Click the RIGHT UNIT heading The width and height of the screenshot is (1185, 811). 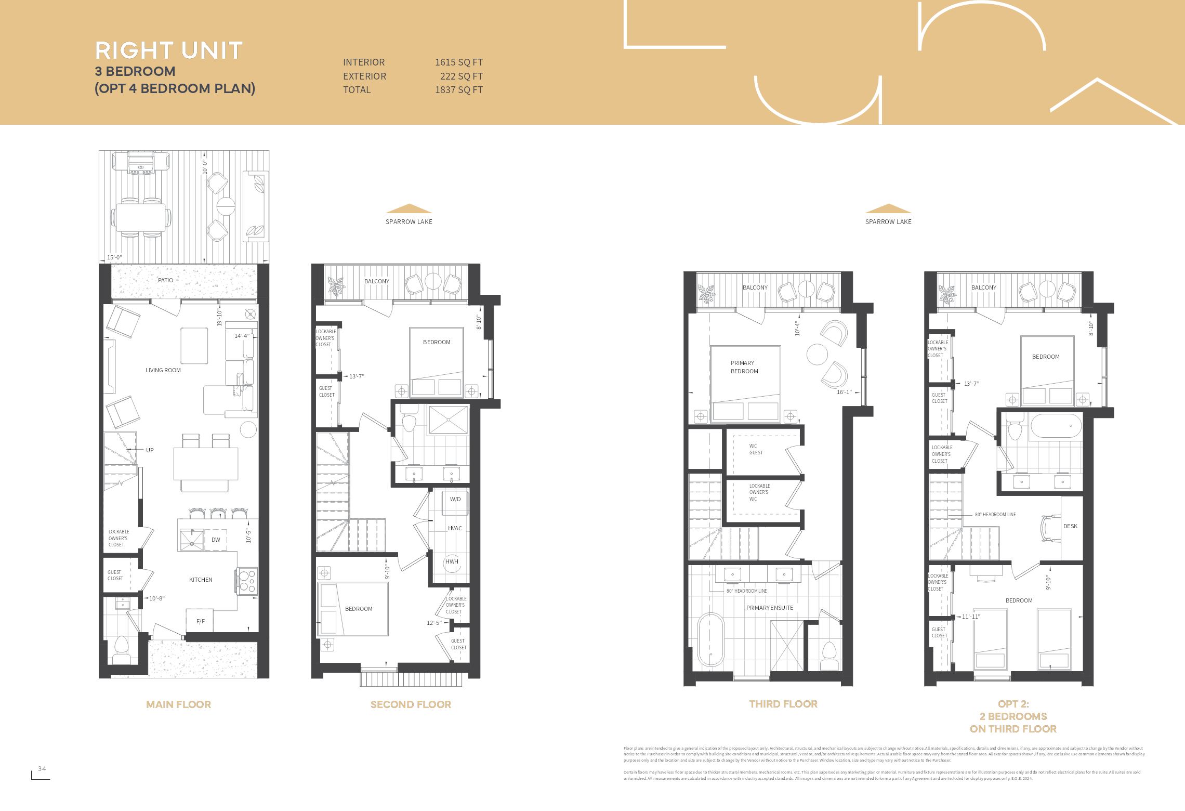[169, 51]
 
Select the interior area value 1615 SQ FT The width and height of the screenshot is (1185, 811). [458, 62]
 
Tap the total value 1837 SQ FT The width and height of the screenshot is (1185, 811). [458, 90]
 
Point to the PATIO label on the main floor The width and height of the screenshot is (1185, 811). [165, 280]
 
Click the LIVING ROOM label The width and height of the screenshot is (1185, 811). [163, 370]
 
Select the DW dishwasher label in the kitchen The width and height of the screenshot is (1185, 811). [216, 540]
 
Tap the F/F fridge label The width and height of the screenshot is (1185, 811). [200, 621]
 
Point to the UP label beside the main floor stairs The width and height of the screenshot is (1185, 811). [150, 450]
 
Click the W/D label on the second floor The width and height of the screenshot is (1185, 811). [455, 499]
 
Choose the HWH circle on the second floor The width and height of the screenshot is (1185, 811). [452, 561]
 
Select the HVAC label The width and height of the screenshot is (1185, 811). [455, 528]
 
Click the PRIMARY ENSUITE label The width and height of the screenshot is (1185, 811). [770, 608]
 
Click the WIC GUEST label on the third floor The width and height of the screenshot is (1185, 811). [756, 449]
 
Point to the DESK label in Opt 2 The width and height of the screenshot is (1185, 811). [1070, 526]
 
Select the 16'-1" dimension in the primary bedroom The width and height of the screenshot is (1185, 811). [844, 392]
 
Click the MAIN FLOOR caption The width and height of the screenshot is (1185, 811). [178, 705]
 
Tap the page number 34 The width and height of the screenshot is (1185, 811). [42, 769]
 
